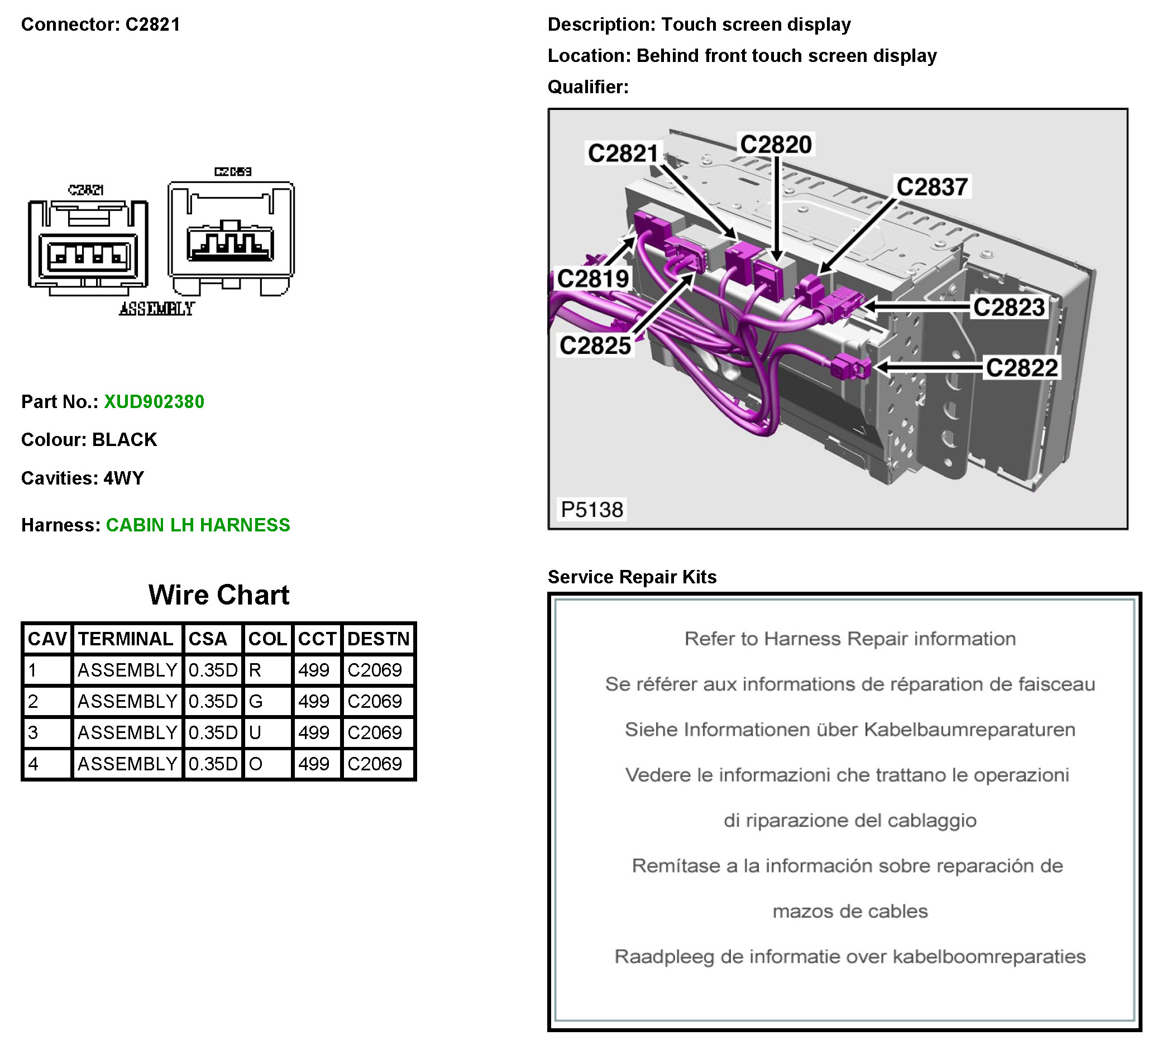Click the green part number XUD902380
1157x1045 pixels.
point(154,402)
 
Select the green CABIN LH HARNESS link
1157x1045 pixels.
point(198,525)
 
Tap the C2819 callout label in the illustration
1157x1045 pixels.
point(594,279)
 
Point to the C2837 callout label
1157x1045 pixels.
point(932,187)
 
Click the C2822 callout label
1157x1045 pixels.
point(1021,368)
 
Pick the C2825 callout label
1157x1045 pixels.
point(595,346)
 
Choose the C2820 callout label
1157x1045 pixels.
point(776,145)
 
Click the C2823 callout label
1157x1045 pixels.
point(1009,307)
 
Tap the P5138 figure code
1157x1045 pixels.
point(592,510)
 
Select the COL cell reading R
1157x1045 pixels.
point(255,670)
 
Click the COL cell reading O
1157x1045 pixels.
point(255,764)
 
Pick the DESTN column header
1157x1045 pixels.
point(378,639)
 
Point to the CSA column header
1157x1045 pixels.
point(208,639)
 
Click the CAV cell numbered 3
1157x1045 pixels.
point(34,733)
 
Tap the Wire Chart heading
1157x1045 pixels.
point(219,595)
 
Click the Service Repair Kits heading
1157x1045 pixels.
point(632,577)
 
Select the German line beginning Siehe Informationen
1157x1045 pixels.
point(850,730)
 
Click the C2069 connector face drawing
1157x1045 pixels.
point(231,238)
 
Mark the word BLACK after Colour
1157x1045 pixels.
point(125,439)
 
